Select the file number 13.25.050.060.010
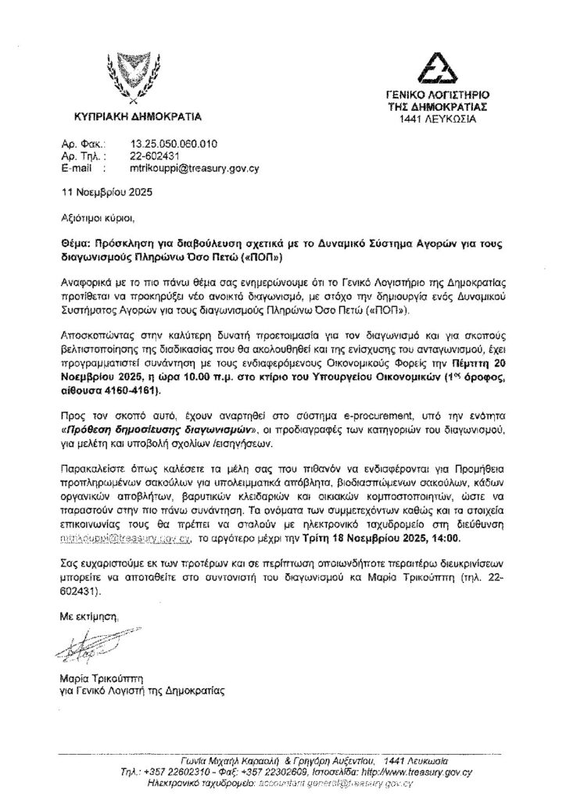tap(173, 145)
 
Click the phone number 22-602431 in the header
tap(151, 156)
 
